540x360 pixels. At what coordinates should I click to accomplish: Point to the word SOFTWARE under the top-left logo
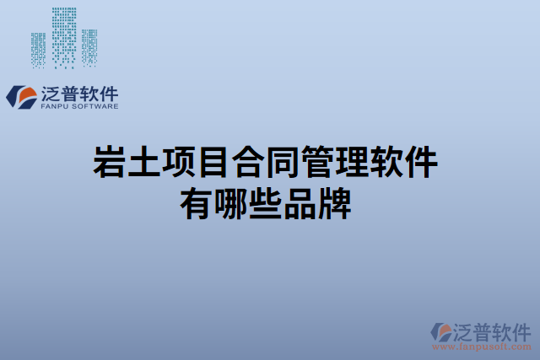click(x=95, y=107)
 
